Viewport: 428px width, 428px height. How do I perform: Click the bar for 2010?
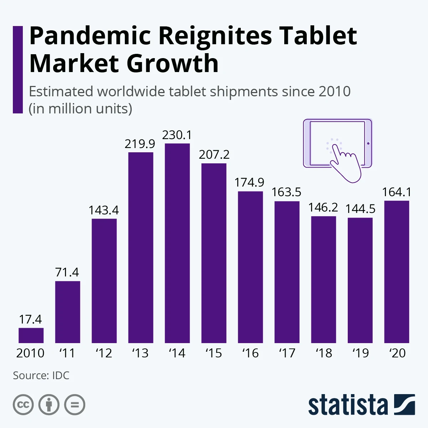[31, 335]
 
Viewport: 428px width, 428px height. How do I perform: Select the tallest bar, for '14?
[177, 243]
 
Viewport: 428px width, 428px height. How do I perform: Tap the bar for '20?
[397, 272]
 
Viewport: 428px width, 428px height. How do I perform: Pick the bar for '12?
[104, 281]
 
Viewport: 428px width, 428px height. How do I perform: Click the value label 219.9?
[140, 144]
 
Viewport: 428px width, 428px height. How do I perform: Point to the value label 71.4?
[67, 272]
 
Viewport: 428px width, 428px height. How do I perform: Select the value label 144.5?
[360, 209]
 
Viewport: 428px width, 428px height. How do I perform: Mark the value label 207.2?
[214, 155]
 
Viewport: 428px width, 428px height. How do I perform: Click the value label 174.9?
[250, 183]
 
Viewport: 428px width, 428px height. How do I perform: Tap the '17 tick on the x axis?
[287, 353]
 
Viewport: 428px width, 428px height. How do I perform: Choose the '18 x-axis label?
[324, 353]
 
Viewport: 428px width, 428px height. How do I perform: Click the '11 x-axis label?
[67, 353]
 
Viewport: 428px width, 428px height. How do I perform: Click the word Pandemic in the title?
[90, 36]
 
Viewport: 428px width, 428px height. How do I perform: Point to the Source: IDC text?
[41, 376]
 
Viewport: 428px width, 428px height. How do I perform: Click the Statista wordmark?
[348, 405]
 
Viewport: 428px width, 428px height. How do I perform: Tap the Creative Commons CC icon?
[23, 405]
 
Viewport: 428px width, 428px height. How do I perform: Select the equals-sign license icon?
[75, 405]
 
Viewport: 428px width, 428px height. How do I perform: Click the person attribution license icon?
[49, 405]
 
